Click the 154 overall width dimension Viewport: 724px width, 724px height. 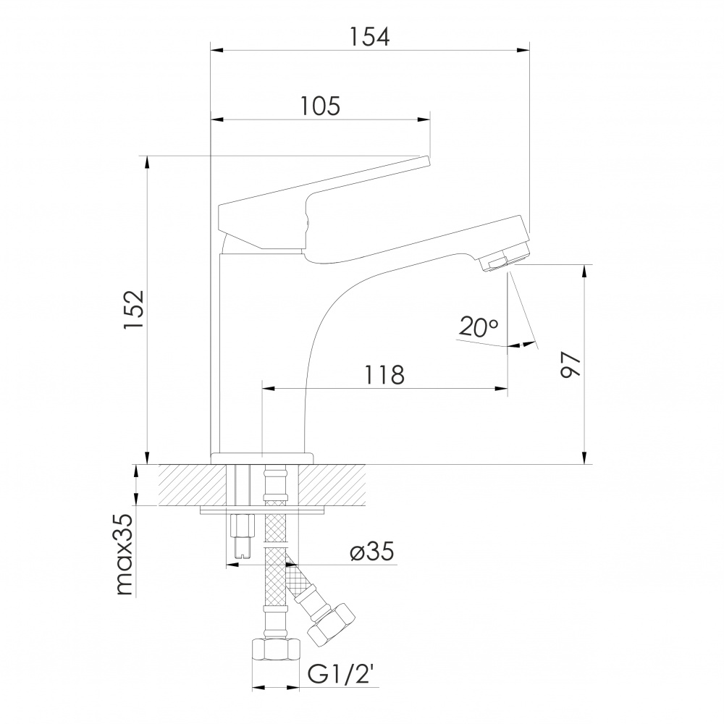[369, 37]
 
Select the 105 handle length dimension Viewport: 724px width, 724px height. [321, 106]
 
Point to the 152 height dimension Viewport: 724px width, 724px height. [135, 309]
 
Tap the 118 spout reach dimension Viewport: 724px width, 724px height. [384, 375]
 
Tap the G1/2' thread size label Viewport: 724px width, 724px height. [341, 675]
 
